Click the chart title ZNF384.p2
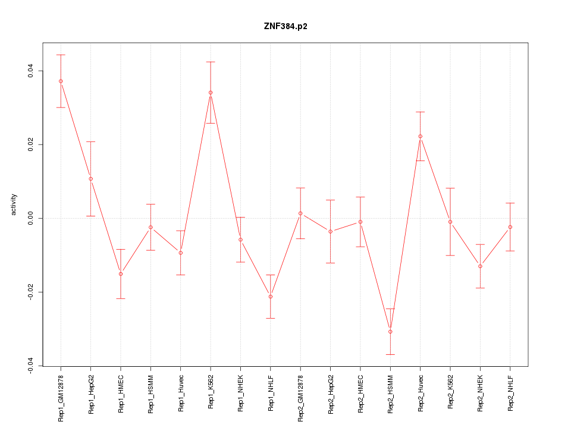tap(285, 26)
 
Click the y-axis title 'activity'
tap(14, 204)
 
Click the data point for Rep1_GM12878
tap(61, 81)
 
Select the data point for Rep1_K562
tap(211, 92)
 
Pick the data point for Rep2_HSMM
tap(390, 331)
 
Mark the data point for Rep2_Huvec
tap(420, 136)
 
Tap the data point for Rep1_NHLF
tap(271, 296)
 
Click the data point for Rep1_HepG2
tap(91, 178)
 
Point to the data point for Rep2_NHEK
tap(480, 266)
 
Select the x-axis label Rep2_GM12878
tap(300, 398)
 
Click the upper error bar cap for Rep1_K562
tap(211, 62)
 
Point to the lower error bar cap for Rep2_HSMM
tap(390, 354)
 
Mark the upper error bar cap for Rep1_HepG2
tap(91, 141)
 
